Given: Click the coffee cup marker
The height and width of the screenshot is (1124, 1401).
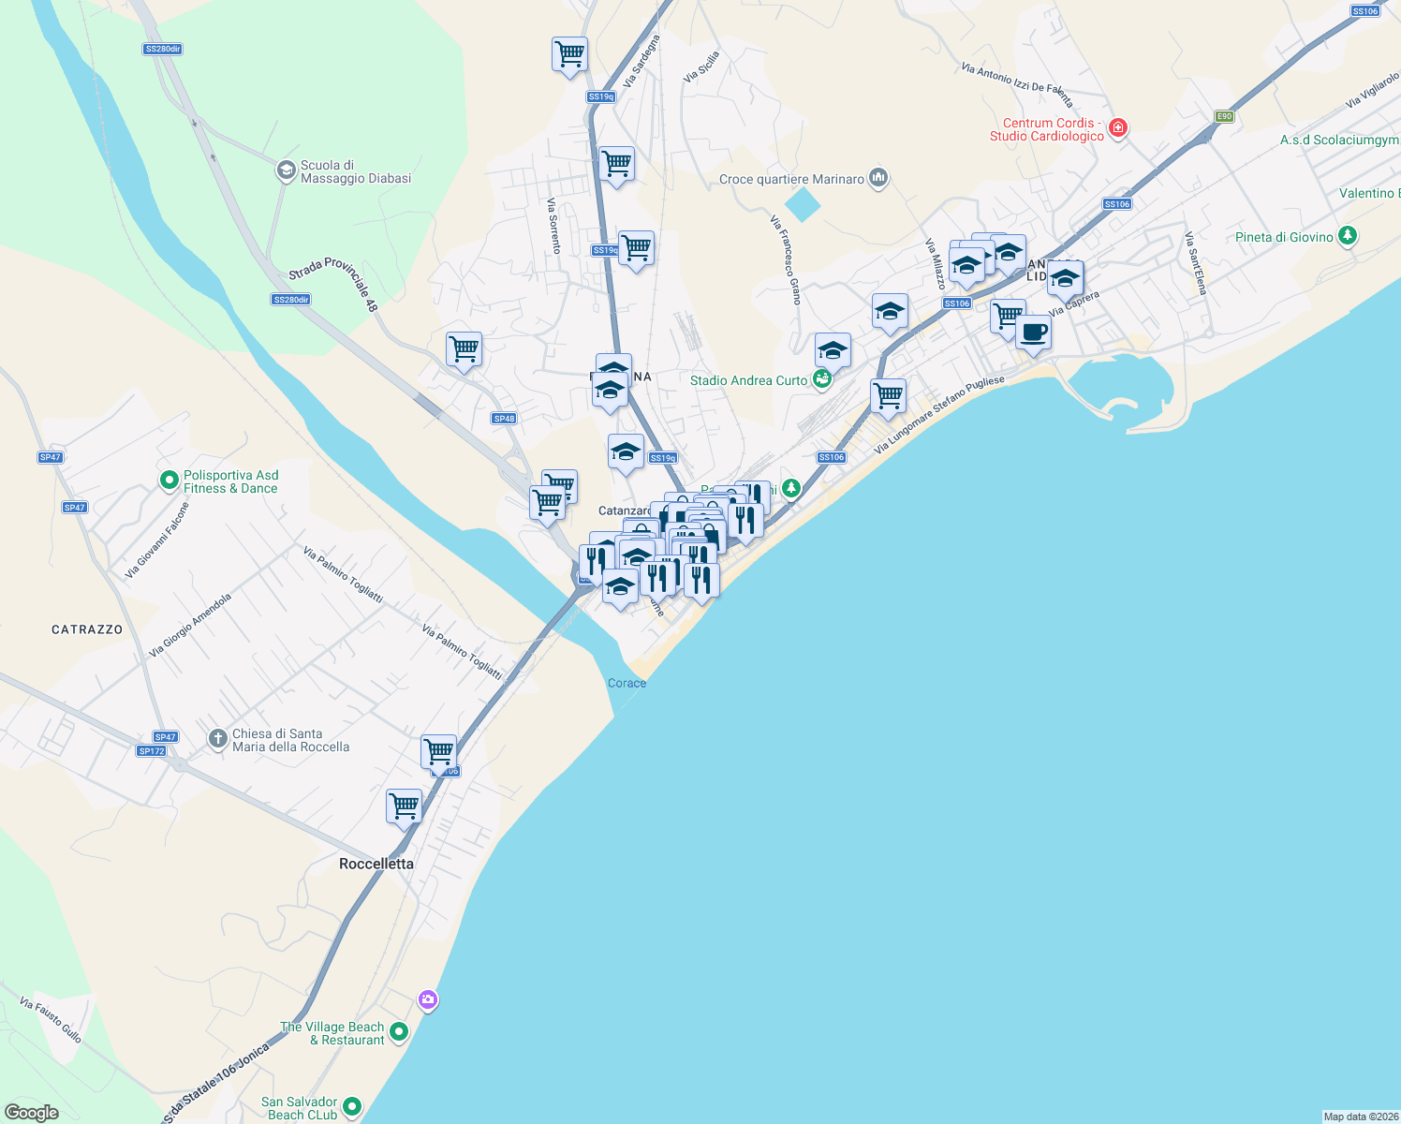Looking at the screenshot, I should tap(1033, 333).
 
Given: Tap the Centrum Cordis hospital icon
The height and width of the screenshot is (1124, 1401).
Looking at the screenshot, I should tap(1117, 128).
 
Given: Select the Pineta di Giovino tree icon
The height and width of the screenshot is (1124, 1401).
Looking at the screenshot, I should tap(1348, 236).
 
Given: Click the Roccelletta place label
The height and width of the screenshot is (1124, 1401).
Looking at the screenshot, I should tap(376, 864).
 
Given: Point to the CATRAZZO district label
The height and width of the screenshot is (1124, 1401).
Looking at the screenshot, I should tap(87, 629).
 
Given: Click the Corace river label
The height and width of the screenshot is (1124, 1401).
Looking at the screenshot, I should tap(627, 683).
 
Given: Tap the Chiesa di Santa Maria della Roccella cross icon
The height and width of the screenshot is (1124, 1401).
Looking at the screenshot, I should tap(218, 740).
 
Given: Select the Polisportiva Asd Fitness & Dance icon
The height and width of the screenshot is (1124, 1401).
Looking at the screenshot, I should tap(170, 481).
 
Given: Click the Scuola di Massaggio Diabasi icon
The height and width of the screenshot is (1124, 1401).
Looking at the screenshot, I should tap(286, 170).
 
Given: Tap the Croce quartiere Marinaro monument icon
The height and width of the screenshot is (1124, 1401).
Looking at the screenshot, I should tap(877, 178).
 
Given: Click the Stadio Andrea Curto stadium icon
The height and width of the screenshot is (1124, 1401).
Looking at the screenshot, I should tap(821, 379).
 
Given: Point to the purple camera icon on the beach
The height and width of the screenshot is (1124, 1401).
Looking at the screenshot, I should tap(428, 1000).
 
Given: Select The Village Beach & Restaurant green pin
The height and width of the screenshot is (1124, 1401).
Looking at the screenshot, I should tap(399, 1032).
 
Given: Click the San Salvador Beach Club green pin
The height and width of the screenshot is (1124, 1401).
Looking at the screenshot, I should tap(352, 1107).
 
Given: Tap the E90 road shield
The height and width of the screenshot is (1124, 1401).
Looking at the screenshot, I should tap(1224, 117).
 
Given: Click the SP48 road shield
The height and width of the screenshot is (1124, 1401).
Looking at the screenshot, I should tap(504, 419).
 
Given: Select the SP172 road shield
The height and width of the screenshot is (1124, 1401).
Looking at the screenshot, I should tap(151, 751).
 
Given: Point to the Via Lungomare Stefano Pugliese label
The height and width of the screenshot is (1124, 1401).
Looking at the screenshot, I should tap(939, 415).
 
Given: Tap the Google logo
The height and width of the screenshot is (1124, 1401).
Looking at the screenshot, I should tap(32, 1113).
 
